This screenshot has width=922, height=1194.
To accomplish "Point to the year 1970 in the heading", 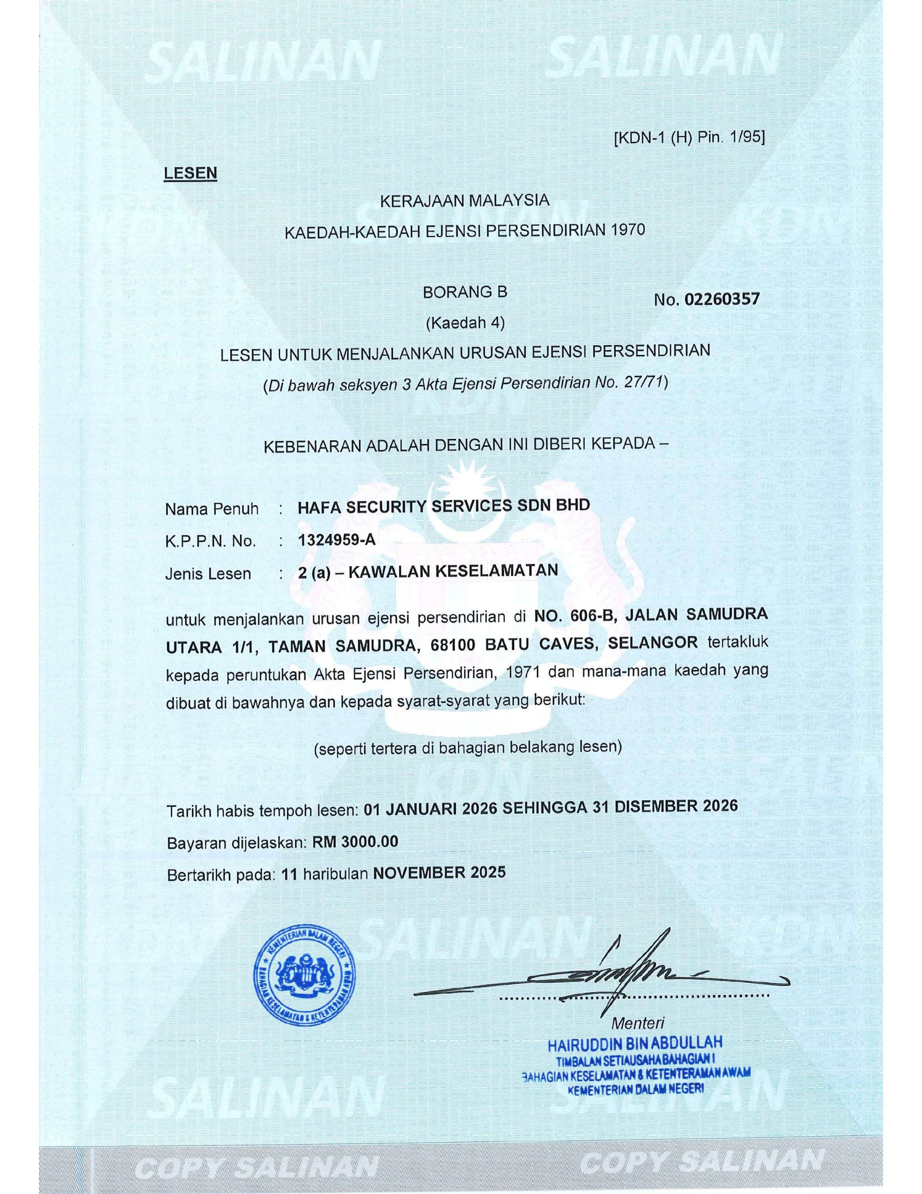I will (x=628, y=229).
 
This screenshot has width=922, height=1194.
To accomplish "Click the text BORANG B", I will (x=465, y=292).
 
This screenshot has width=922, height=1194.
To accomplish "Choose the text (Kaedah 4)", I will (x=465, y=323).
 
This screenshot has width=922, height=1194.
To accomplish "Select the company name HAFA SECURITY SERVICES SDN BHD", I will (x=443, y=506).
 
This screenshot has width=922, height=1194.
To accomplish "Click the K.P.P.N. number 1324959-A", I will (x=337, y=540).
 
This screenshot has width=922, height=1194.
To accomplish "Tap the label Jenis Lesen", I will (x=208, y=574).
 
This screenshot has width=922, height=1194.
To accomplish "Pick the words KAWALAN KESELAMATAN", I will (x=453, y=571).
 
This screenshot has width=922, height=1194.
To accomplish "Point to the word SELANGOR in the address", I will (x=653, y=643).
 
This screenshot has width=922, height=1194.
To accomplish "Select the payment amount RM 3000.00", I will (x=355, y=842).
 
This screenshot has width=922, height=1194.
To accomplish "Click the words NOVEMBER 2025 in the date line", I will (x=439, y=873).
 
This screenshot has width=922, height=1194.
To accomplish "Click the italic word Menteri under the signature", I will (x=638, y=1023).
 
